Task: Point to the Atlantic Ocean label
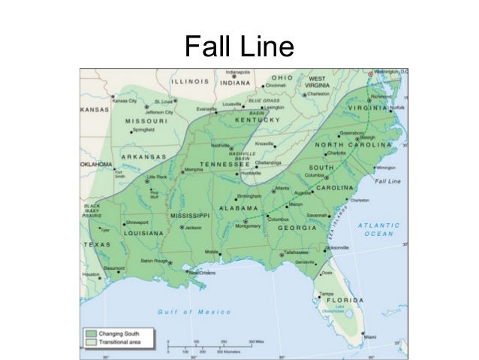[x=378, y=229]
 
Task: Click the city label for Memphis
[x=194, y=170]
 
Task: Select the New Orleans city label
[x=201, y=272]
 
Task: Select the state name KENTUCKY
[x=258, y=119]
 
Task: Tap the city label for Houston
[x=91, y=275]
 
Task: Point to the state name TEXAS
[x=96, y=245]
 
